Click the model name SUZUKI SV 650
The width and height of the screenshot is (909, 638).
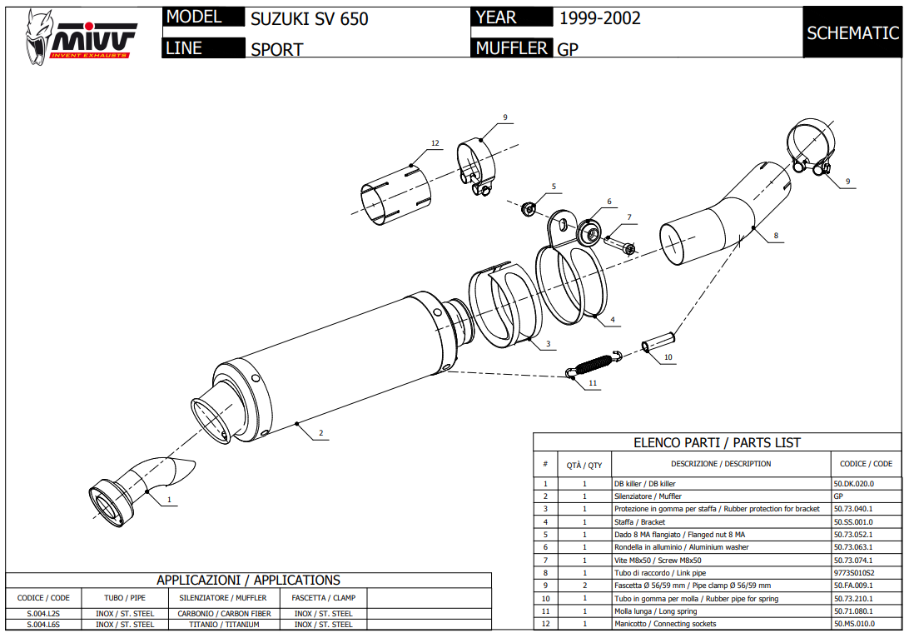309,18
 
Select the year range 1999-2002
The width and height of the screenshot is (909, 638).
599,18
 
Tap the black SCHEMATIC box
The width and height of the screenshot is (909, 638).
852,33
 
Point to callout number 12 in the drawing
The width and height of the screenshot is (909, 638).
435,143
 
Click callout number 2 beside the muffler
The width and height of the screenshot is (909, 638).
320,433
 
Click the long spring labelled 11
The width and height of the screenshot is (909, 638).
593,365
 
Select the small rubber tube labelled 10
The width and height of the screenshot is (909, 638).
657,345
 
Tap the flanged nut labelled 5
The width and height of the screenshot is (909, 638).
527,207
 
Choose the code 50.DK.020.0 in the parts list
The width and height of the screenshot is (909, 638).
854,483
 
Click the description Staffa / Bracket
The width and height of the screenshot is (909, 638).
639,521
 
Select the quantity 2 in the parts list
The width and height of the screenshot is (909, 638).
584,586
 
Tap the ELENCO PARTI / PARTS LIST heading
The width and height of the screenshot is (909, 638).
717,443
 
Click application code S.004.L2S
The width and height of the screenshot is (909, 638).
43,614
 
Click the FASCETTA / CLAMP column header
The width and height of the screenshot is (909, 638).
324,598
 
